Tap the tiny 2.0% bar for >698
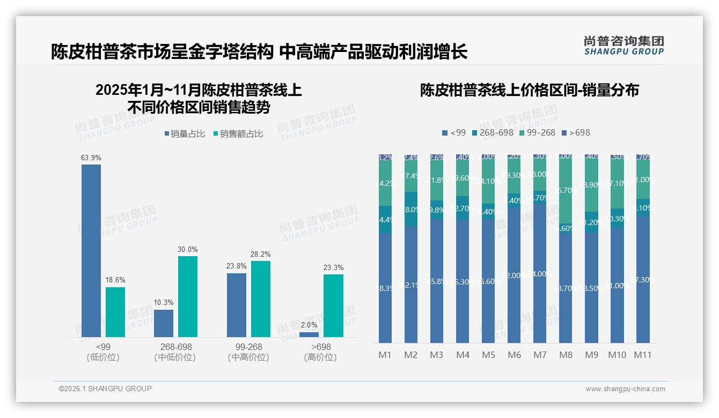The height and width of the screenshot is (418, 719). [x=309, y=334]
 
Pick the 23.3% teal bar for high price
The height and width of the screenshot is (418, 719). [x=333, y=305]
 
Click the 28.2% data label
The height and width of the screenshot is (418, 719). [x=261, y=254]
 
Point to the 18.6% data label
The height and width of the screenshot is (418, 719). [x=115, y=280]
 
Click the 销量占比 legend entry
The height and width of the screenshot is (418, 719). [x=185, y=134]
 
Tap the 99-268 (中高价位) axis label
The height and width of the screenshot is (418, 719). [x=248, y=352]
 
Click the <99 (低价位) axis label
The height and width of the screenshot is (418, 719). [x=103, y=352]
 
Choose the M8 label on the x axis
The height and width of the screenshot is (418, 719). [x=566, y=355]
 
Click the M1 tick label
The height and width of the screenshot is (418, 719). [x=385, y=355]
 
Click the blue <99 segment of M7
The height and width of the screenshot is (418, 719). [x=540, y=273]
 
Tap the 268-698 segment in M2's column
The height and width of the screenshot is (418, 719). [x=411, y=208]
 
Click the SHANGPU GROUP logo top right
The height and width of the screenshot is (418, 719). [x=623, y=46]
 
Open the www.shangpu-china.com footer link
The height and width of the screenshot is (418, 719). [x=625, y=389]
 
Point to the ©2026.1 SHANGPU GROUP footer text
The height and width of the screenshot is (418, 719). [x=105, y=389]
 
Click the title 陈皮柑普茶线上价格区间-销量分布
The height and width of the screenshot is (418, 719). [x=529, y=91]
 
